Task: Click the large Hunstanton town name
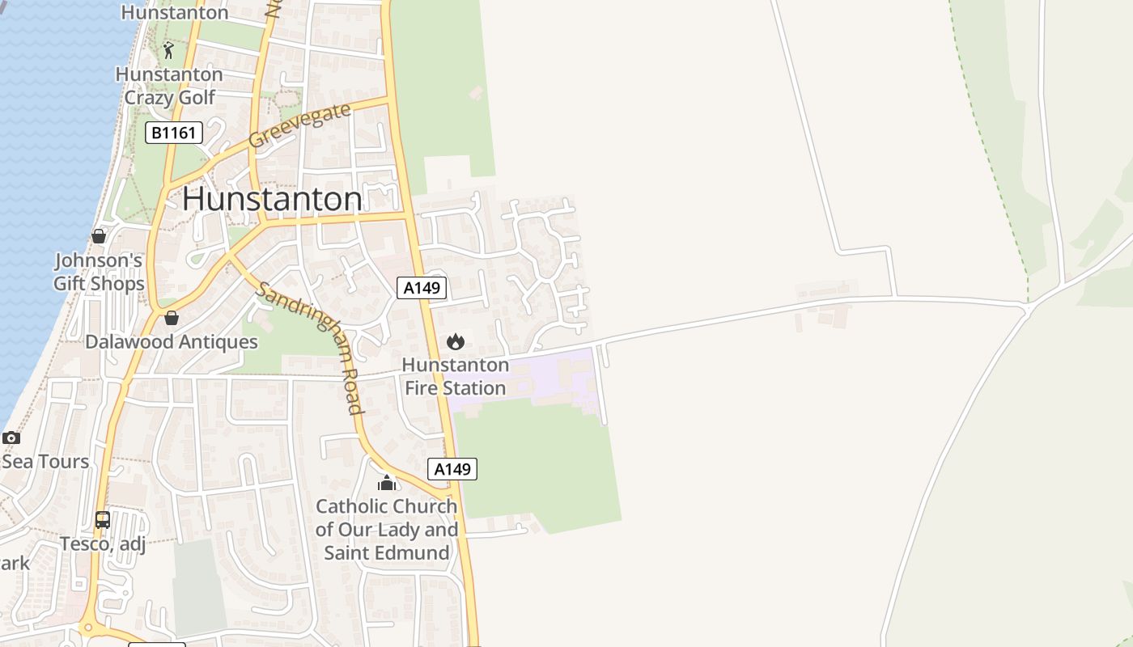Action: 272,199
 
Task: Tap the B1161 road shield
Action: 174,132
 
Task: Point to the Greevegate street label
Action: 300,125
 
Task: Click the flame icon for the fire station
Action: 456,341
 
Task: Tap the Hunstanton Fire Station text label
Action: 456,376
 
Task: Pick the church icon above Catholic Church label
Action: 387,483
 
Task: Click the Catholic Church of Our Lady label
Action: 387,530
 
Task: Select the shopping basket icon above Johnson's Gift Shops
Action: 99,236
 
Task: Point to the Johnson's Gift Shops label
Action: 99,272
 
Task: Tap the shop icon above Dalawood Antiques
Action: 172,318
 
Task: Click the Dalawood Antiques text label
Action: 172,341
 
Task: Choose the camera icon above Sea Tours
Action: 11,438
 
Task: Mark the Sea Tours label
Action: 45,462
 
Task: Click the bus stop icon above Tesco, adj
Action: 103,520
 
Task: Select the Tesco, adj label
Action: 103,543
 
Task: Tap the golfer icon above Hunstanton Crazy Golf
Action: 168,51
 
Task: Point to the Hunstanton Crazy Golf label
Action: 169,86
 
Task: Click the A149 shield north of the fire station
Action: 422,287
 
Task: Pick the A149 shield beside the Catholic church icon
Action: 452,469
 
